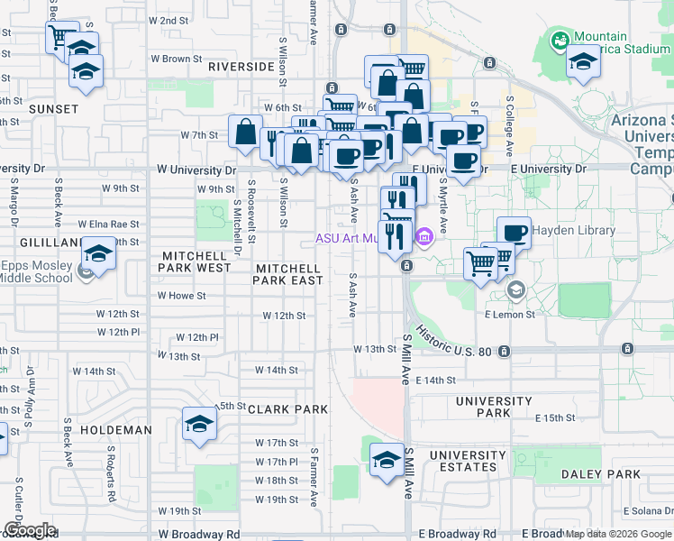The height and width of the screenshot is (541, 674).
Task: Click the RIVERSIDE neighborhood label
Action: click(241, 67)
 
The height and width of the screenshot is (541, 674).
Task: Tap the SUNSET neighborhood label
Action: click(28, 108)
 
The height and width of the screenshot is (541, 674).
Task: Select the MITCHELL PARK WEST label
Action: click(195, 261)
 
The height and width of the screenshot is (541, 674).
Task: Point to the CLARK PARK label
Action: click(287, 408)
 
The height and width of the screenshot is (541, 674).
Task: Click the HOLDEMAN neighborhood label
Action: click(115, 430)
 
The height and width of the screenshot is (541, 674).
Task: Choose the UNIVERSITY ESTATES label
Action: click(468, 461)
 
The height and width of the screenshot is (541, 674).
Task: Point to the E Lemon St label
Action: click(510, 314)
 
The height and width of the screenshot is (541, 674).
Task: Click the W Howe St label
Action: click(181, 295)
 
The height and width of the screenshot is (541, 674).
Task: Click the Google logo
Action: click(30, 530)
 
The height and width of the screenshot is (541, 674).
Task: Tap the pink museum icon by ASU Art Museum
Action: click(425, 238)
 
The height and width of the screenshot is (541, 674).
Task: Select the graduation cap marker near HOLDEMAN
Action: click(199, 424)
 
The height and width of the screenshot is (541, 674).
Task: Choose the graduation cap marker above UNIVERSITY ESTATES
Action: click(387, 458)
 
